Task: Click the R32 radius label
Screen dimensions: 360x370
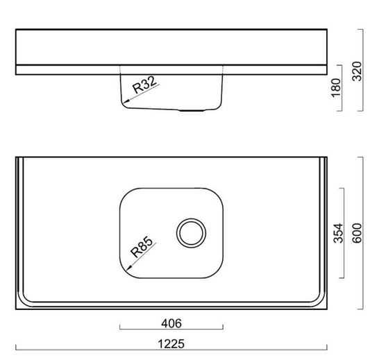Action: point(143,87)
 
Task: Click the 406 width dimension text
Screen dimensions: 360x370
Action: point(171,323)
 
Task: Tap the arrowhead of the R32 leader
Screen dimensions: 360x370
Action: point(124,104)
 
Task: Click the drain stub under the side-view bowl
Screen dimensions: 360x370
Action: point(189,110)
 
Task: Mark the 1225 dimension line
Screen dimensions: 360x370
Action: point(171,348)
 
